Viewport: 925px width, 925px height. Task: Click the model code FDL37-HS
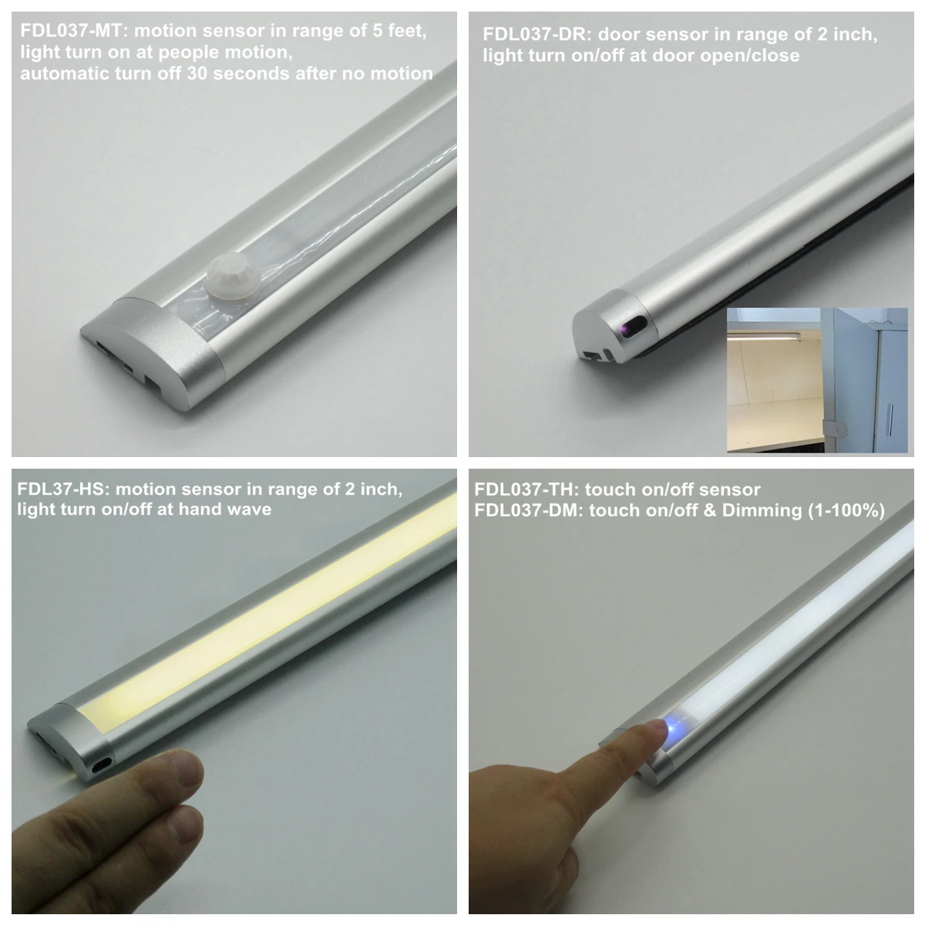click(62, 489)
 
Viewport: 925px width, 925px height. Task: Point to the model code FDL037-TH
click(525, 489)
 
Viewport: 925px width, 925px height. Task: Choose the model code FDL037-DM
click(526, 510)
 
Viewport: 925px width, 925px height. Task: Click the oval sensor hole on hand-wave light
click(101, 765)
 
